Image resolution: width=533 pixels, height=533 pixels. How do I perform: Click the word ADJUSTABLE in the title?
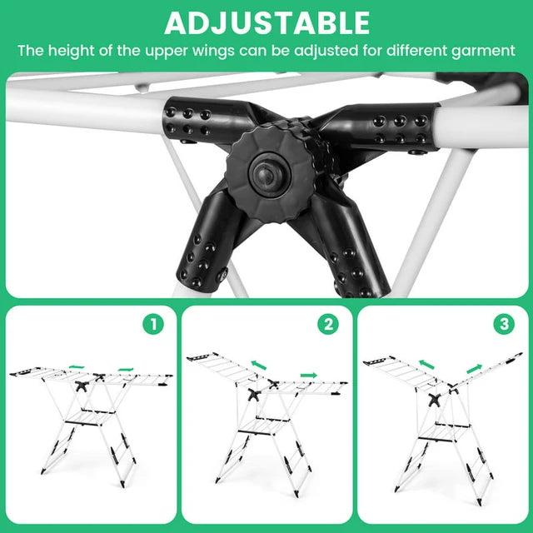coord(266,22)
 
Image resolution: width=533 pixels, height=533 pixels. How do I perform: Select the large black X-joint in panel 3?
coord(434,398)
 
